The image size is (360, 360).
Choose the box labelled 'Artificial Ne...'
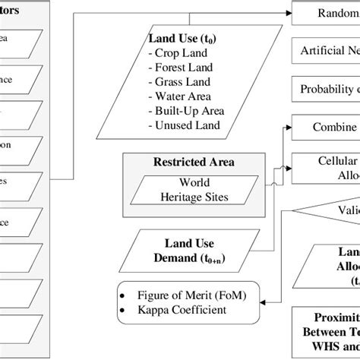pos(327,51)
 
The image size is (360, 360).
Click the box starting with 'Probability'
pos(327,89)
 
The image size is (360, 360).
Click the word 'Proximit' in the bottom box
pos(334,317)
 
